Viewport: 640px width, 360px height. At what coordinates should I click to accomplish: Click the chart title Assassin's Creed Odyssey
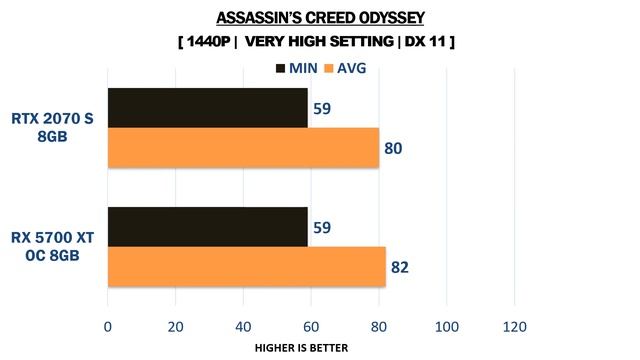click(x=320, y=18)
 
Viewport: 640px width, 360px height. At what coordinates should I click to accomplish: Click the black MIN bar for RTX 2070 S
click(x=207, y=108)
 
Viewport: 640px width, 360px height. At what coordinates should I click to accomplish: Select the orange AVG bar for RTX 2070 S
click(x=243, y=147)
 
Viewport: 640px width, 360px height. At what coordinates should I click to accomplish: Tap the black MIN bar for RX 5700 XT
click(x=207, y=227)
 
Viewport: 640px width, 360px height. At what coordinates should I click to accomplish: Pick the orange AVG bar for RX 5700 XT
click(x=246, y=266)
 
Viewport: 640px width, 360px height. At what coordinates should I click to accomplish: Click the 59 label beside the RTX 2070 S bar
click(x=322, y=108)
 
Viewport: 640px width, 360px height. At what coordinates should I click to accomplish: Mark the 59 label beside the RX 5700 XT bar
click(x=322, y=227)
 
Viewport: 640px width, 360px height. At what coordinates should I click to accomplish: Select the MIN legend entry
click(x=295, y=68)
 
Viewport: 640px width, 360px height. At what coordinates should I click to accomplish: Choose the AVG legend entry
click(x=346, y=68)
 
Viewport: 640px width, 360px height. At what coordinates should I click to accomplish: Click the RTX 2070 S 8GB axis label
click(x=52, y=128)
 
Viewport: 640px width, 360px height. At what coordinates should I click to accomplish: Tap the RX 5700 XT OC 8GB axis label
click(x=52, y=247)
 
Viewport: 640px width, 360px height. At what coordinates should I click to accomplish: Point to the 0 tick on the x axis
click(x=107, y=326)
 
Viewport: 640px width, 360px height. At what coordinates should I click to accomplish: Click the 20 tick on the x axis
click(x=175, y=326)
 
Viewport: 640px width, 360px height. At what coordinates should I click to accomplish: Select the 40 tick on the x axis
click(x=243, y=326)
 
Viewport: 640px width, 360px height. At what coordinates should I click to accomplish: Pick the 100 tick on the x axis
click(x=446, y=326)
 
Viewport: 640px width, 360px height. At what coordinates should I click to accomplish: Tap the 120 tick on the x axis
click(x=514, y=326)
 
